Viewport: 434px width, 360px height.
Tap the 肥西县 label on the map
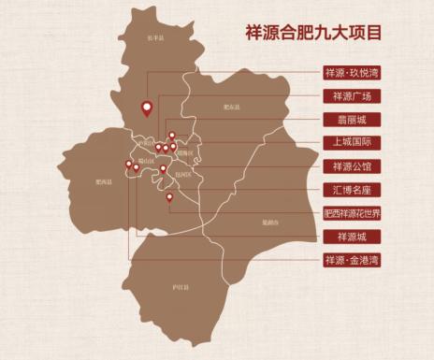(x=104, y=182)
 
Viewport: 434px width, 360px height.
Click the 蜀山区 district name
(x=145, y=161)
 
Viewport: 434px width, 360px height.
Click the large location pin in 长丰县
(x=146, y=108)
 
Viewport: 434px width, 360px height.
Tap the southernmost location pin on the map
(x=169, y=197)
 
